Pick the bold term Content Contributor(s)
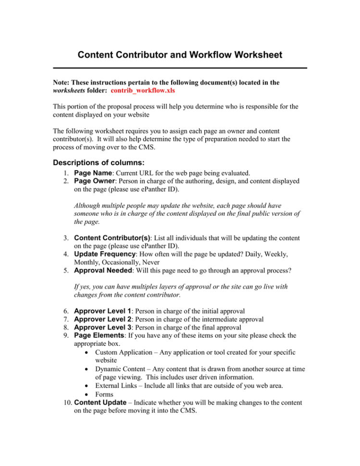(x=112, y=237)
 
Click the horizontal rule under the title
(x=180, y=68)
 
